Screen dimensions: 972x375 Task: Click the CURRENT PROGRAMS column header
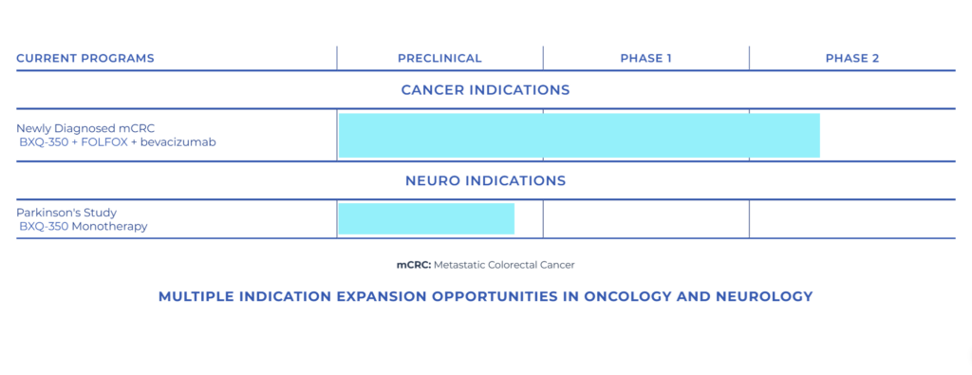click(x=84, y=59)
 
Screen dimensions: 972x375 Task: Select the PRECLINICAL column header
click(x=439, y=59)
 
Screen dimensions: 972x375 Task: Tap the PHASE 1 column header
click(x=645, y=59)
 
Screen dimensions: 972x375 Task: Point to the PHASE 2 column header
click(x=851, y=59)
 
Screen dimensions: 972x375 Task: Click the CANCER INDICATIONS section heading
click(x=485, y=90)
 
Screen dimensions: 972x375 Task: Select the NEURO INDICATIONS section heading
click(x=485, y=181)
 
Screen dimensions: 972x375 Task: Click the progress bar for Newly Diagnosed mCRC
click(x=579, y=135)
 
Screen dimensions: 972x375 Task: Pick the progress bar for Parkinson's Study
click(x=426, y=218)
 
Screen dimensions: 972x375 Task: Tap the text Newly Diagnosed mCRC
click(x=85, y=129)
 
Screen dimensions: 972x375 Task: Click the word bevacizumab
click(x=178, y=142)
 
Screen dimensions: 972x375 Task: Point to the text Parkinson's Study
click(x=66, y=214)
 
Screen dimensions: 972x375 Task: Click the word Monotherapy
click(x=110, y=227)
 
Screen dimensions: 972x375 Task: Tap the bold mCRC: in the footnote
click(x=414, y=265)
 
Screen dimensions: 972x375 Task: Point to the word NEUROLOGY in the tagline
click(x=764, y=297)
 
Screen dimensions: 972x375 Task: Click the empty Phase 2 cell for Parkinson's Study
click(x=852, y=218)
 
